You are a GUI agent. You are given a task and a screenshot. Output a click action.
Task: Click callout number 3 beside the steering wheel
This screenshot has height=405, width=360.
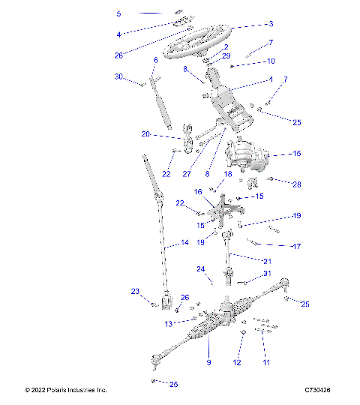[x=271, y=24]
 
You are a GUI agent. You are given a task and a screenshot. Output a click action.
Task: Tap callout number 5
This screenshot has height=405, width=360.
[x=118, y=14]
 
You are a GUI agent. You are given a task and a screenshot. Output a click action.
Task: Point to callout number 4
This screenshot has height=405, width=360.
[x=118, y=34]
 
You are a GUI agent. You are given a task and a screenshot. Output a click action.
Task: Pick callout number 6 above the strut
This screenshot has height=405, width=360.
[x=155, y=60]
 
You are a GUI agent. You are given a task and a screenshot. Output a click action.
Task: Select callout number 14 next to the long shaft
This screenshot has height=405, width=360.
[x=184, y=243]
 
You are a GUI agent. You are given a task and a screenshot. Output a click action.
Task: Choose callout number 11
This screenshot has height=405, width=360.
[x=265, y=362]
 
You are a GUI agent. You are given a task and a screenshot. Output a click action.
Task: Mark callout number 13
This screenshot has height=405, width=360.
[x=169, y=323]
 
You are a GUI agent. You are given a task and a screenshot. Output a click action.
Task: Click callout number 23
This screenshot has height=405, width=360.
[x=136, y=292]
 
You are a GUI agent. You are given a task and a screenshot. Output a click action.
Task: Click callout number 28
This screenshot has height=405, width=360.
[x=297, y=184]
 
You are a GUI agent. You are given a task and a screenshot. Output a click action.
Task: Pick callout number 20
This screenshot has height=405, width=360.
[x=145, y=135]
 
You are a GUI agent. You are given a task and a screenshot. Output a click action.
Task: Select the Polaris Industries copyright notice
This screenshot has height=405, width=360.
[x=66, y=390]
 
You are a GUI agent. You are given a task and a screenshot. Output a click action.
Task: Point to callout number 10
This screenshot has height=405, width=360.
[x=271, y=61]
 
